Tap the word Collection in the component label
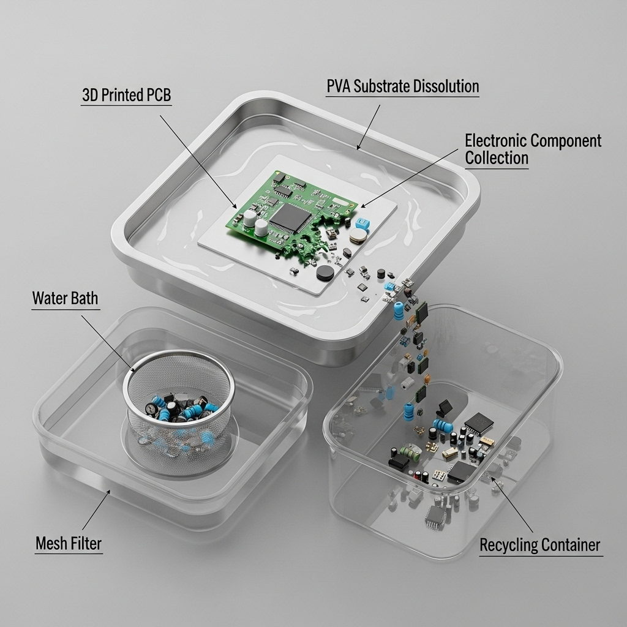[x=496, y=158]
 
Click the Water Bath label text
[x=64, y=299]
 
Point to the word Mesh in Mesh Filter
[x=51, y=543]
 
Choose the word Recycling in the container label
[x=508, y=545]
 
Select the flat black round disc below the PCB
[x=325, y=273]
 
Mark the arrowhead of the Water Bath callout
[x=136, y=372]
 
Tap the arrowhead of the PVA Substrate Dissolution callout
[x=358, y=149]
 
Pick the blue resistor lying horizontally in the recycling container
[x=442, y=426]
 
